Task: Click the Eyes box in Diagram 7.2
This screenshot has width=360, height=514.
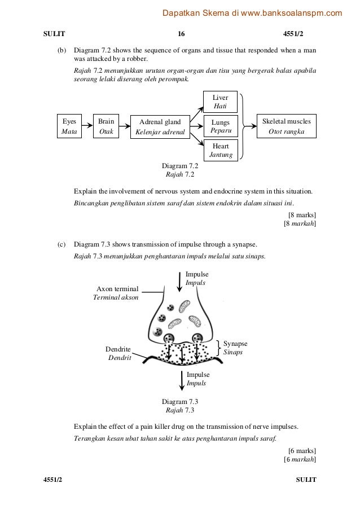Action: click(69, 126)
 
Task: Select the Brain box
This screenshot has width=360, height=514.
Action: click(105, 126)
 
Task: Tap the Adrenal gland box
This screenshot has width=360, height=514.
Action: click(160, 126)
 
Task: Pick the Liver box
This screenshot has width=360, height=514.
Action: click(221, 102)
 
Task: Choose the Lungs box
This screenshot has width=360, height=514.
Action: click(221, 126)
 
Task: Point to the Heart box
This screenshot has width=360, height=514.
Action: click(221, 150)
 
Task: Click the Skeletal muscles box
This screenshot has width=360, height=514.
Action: click(287, 126)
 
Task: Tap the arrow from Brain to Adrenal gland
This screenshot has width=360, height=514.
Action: click(124, 126)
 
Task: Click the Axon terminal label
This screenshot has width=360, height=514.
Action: click(117, 293)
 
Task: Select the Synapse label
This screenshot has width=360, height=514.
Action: click(235, 347)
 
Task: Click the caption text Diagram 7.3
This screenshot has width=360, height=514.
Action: click(179, 401)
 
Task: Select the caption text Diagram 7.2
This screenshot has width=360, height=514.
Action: click(179, 166)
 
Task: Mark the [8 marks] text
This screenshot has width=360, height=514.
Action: click(302, 214)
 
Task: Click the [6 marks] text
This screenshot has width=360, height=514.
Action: click(302, 451)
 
